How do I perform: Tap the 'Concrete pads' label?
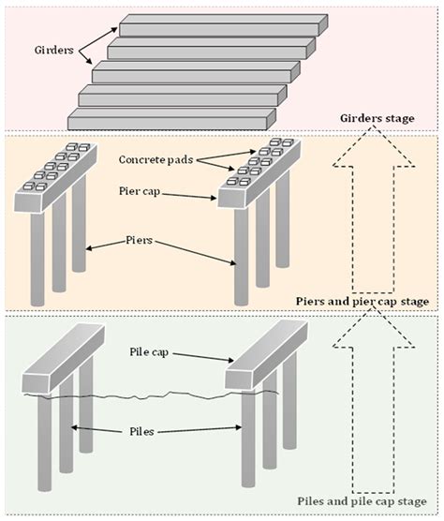coord(155,160)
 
